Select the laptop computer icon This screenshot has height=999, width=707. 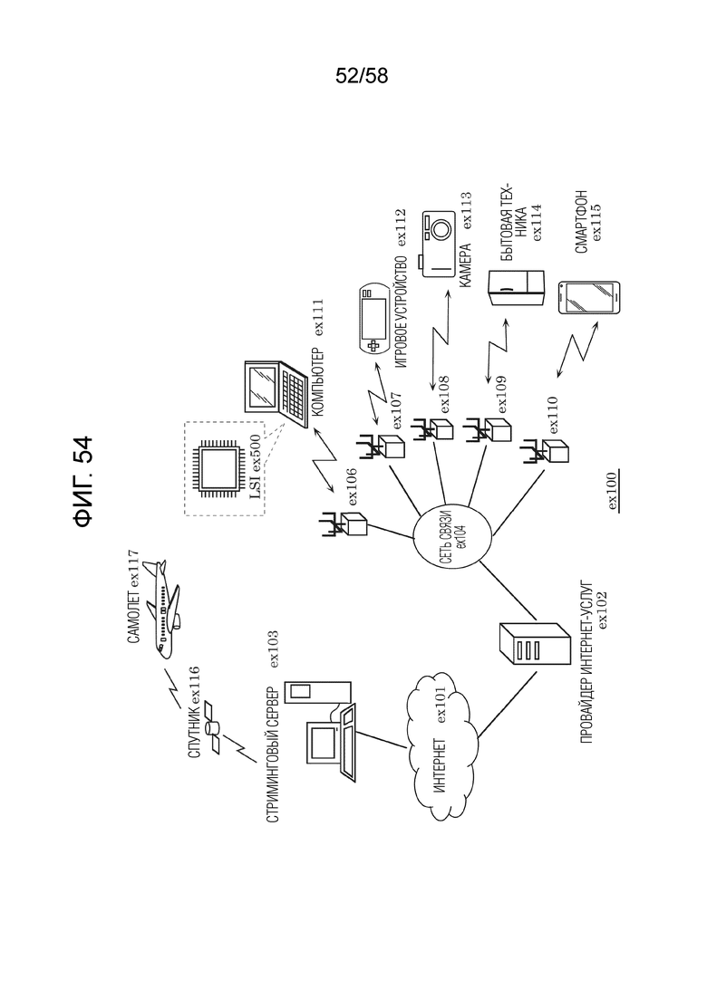[277, 393]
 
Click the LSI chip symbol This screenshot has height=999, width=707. [220, 467]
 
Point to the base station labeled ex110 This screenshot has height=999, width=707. [545, 451]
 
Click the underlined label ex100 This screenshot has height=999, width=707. [614, 491]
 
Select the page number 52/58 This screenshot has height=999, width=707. [362, 76]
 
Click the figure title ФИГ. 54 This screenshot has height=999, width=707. [83, 482]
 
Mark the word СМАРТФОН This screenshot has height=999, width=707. [581, 222]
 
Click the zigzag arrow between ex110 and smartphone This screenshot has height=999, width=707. [577, 350]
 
